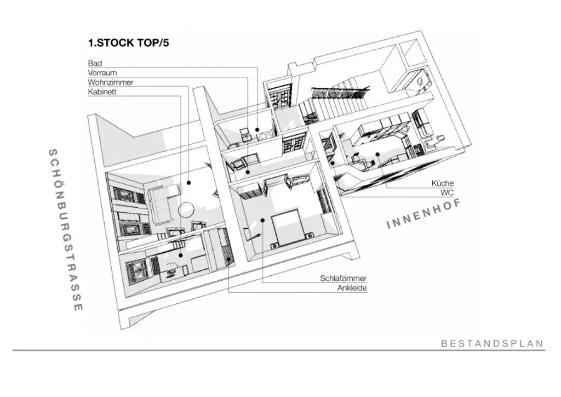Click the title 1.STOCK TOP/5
tap(128, 43)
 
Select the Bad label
tap(95, 64)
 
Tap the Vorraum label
tap(102, 73)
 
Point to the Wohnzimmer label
tap(110, 82)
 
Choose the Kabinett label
tap(102, 92)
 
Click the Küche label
tap(443, 183)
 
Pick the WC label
tap(447, 193)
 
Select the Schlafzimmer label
tap(344, 279)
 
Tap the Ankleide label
tap(352, 288)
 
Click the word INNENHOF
tap(422, 214)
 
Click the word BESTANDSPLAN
tap(492, 344)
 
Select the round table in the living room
tap(186, 209)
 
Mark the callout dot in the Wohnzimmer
tap(188, 183)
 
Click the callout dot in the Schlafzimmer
tap(263, 220)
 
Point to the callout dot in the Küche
tap(377, 154)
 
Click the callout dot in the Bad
tap(257, 131)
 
